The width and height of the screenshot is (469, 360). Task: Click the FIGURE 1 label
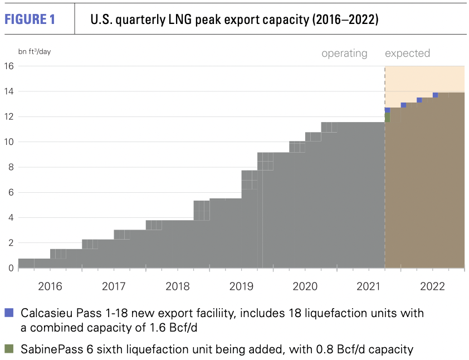coord(30,20)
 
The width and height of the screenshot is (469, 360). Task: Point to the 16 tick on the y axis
coord(9,66)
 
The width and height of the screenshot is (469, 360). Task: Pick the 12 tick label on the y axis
coord(9,116)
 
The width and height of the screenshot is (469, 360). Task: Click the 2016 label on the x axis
coord(50,286)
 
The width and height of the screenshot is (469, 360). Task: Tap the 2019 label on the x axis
coord(241,286)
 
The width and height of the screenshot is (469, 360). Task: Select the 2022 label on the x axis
coord(432,286)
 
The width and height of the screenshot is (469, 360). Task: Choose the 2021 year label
coord(369,286)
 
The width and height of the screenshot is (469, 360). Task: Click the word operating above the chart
coord(344,53)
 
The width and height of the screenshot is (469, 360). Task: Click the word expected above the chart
coord(407,53)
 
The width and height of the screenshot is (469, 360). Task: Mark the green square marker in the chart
coord(388,118)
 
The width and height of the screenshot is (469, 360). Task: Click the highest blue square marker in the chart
coord(436,95)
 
